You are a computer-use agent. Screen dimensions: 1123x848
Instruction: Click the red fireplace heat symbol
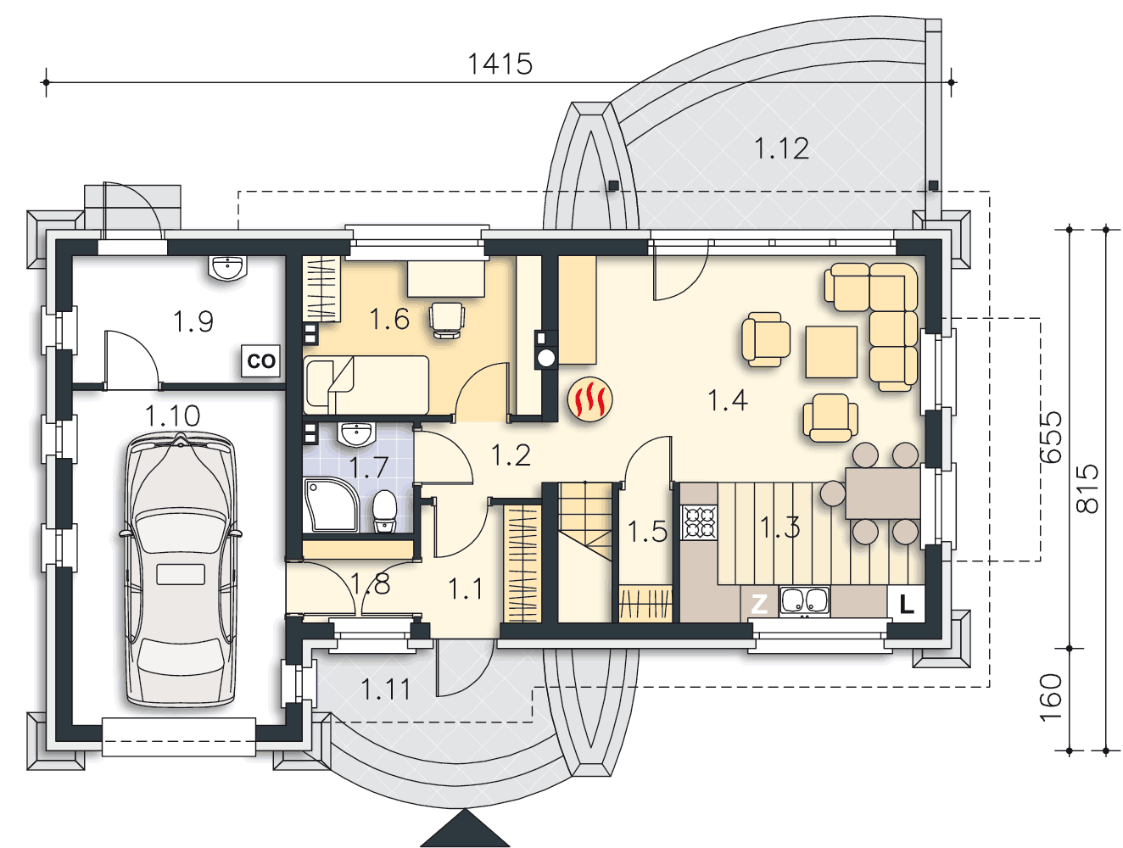click(x=589, y=399)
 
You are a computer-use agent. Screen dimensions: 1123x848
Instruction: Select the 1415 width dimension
click(x=500, y=64)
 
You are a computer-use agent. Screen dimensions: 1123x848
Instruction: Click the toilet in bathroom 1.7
click(x=383, y=512)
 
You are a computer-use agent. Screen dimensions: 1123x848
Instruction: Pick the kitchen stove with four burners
click(x=699, y=522)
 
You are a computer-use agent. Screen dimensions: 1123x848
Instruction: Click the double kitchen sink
click(x=803, y=600)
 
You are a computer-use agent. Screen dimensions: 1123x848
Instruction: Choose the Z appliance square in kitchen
click(x=759, y=605)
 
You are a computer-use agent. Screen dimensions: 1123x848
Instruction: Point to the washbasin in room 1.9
click(x=227, y=268)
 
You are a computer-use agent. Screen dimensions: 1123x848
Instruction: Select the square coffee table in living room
click(x=831, y=352)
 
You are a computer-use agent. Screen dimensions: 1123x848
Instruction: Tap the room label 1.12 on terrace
click(x=781, y=148)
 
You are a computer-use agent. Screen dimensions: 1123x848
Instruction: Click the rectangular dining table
click(x=883, y=494)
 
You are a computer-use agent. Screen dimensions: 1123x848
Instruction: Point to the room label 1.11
click(x=385, y=689)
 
